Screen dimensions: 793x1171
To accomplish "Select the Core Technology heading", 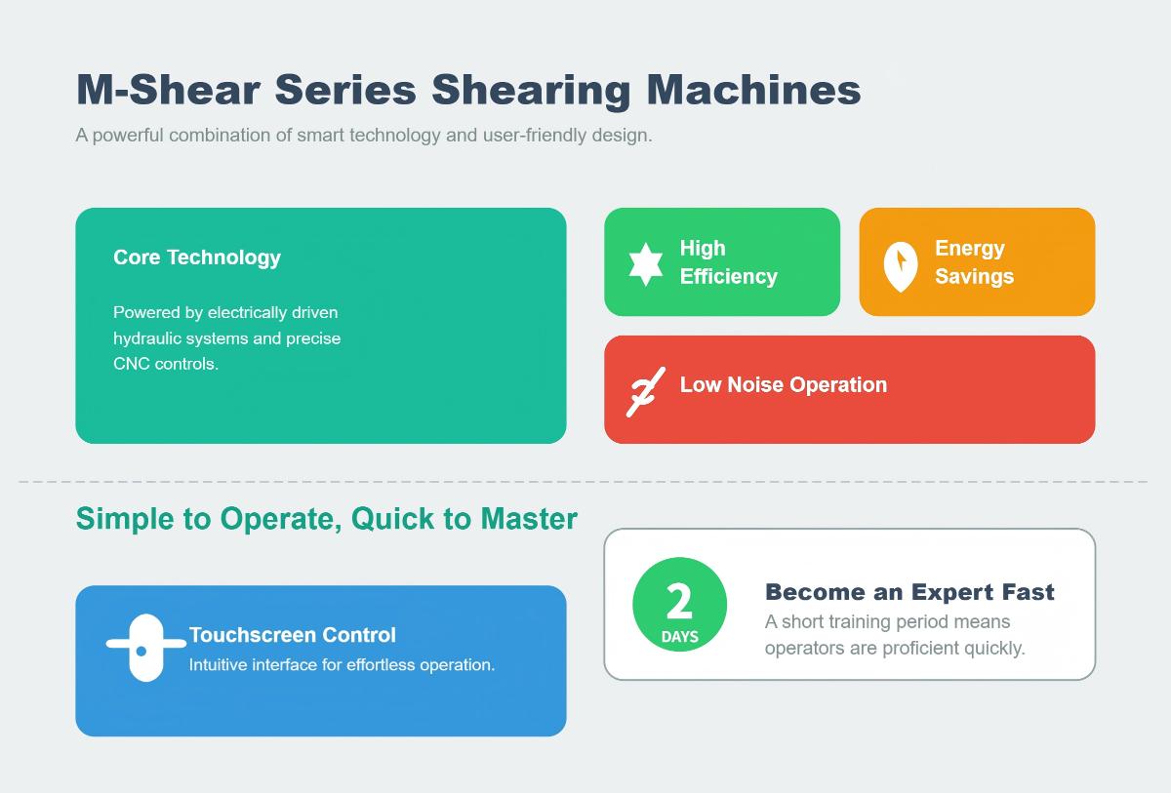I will pos(197,258).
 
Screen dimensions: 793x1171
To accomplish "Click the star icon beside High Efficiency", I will pos(645,263).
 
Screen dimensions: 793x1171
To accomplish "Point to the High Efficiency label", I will pos(728,262).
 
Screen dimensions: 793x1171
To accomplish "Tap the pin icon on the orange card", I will pos(900,265).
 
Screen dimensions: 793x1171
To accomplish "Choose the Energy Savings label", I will pos(974,262).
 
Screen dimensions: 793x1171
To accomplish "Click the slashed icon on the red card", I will pos(645,390).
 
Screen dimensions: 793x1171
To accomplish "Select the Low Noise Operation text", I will pos(783,384).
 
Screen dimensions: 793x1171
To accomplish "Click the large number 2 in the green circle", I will pos(679,602).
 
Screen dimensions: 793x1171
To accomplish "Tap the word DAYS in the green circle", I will pos(679,637).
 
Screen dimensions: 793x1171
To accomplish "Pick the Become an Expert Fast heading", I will pos(909,592).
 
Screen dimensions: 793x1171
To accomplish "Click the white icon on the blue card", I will pos(144,648).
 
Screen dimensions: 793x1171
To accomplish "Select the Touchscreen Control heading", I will pos(292,635).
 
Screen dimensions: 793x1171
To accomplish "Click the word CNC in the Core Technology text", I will pos(132,364).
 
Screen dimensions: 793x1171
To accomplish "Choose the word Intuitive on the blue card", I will pos(218,665).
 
